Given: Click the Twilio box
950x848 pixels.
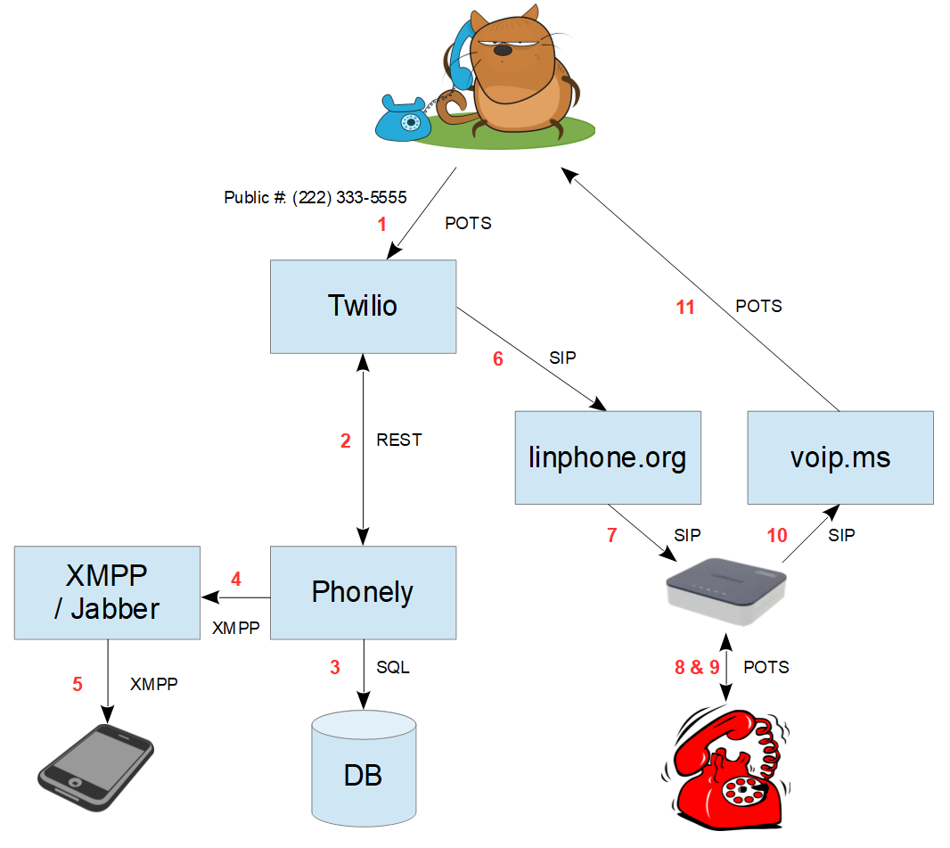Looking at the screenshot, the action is pos(363,307).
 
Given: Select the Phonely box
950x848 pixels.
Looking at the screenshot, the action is pos(363,593).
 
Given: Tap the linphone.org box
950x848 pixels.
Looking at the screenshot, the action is pos(608,457).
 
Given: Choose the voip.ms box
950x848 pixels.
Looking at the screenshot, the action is pos(840,457).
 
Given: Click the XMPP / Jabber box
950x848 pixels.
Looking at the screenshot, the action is pos(107,593).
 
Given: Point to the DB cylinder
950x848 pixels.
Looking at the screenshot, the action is pos(364,769).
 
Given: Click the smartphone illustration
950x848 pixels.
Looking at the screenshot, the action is pos(95,768).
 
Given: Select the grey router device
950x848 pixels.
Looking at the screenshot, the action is pos(725,591).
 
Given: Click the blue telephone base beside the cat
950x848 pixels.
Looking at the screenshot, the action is pos(404,119).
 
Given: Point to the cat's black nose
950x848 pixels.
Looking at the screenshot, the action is pos(503,51).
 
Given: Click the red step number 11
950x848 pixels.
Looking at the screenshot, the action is pos(685,308).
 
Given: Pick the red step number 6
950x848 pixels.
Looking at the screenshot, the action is pos(498,358).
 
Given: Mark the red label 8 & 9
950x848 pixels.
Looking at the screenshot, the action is pos(697,667).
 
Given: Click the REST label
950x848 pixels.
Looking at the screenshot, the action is pos(398,440).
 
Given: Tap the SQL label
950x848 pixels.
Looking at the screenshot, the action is pos(393,667).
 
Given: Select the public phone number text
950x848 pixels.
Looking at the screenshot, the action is pos(315,198).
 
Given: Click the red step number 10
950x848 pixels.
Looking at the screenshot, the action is pos(777,535).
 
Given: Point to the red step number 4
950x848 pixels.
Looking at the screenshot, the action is pos(236,579).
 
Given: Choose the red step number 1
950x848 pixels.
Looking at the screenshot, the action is pos(381,225).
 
